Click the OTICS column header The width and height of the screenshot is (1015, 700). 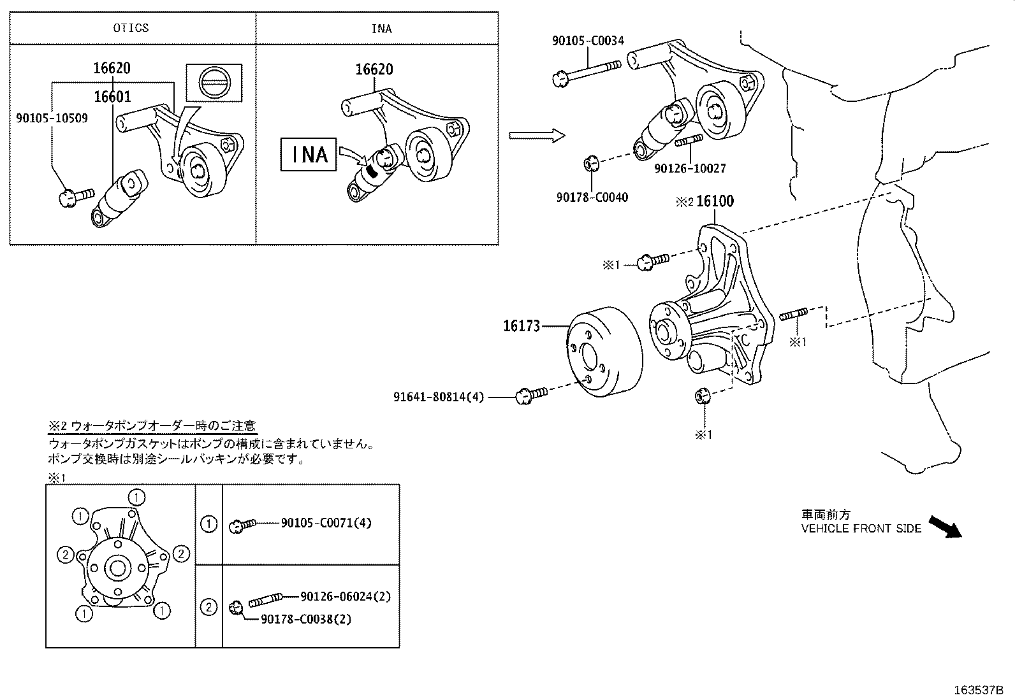pos(131,28)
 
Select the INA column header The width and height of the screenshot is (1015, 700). pos(381,29)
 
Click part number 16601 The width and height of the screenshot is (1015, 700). pos(112,97)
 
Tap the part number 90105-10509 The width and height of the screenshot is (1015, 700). pos(52,118)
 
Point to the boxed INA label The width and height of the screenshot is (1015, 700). pos(309,155)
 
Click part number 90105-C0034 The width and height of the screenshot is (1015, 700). pos(588,41)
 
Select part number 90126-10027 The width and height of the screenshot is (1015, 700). pos(690,168)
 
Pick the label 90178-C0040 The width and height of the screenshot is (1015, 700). pos(592,197)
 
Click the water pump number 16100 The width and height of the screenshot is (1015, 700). pos(715,201)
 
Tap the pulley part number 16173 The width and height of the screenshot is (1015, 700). pos(522,326)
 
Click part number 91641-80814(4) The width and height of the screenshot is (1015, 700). pos(439,397)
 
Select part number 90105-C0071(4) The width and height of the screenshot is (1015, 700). pos(326,523)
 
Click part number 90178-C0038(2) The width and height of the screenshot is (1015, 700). pos(305,618)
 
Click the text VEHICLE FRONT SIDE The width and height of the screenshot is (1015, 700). pos(861,528)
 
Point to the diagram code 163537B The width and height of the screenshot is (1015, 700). pos(979,690)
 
